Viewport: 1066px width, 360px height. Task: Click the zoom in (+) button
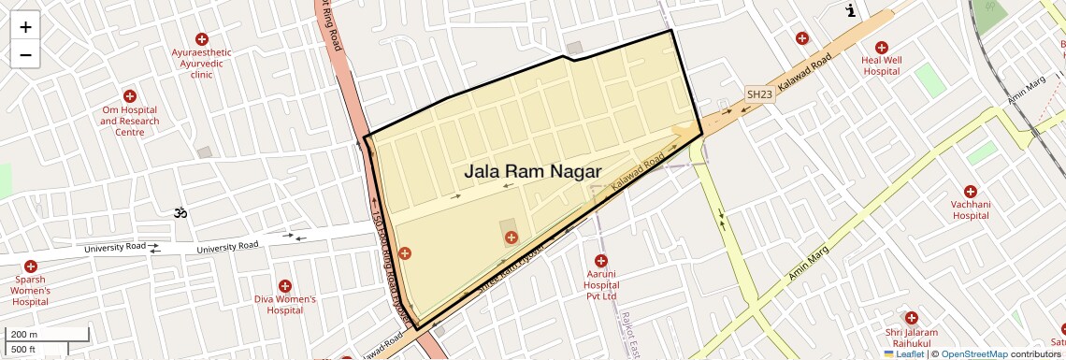[x=25, y=27]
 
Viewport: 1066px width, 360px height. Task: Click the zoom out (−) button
[x=25, y=55]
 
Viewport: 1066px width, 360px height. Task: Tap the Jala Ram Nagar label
[x=532, y=172]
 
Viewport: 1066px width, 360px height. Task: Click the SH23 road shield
[x=759, y=94]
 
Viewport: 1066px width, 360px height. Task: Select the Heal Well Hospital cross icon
[x=881, y=48]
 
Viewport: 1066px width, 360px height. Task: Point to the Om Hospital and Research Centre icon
[x=130, y=96]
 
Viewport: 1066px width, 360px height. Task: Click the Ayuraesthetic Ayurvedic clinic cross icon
[x=201, y=38]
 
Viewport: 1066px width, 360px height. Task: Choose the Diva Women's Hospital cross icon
[x=285, y=286]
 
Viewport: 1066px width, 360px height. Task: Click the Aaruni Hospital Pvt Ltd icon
[x=601, y=260]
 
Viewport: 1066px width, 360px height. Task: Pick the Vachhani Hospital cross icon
[x=970, y=191]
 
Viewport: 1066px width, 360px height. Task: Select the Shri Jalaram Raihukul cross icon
[x=911, y=318]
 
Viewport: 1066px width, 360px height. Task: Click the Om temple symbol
[x=180, y=213]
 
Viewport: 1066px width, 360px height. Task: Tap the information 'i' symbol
[x=851, y=11]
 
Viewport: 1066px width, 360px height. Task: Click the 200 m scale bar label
[x=25, y=334]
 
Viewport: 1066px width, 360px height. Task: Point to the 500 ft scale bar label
[x=24, y=350]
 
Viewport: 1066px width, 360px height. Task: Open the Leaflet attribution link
[x=904, y=353]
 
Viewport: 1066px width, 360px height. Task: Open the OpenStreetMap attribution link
[x=973, y=353]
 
